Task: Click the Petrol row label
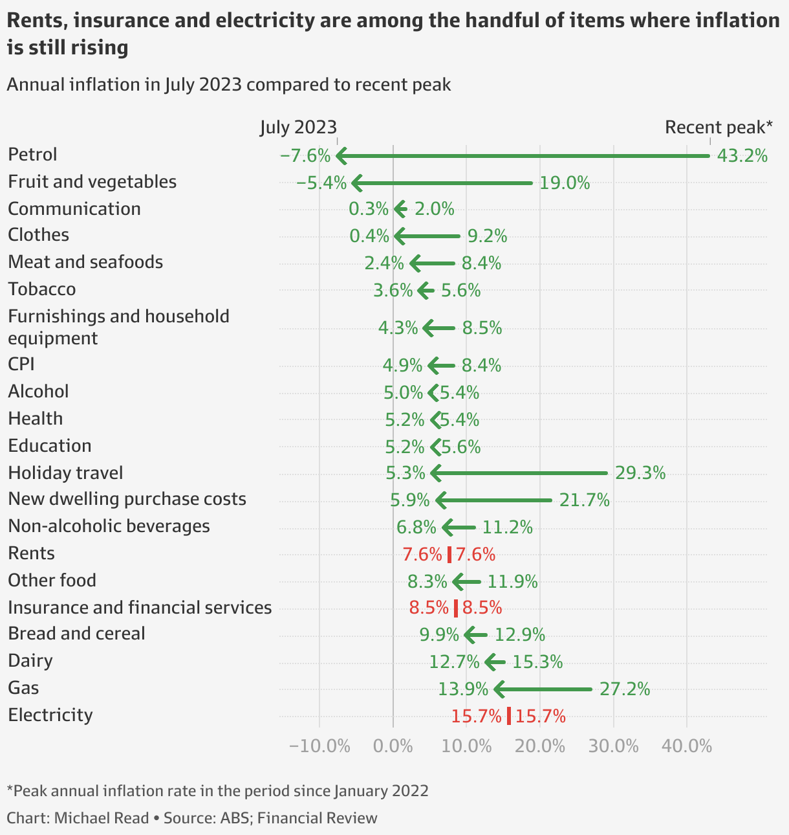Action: coord(32,155)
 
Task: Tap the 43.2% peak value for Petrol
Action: coord(742,156)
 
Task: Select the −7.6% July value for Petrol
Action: coord(305,156)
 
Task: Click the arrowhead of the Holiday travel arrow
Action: coord(435,473)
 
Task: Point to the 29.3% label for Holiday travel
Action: coord(640,473)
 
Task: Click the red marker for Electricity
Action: coord(509,716)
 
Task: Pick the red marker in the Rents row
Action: coord(449,555)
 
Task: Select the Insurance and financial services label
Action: coord(140,607)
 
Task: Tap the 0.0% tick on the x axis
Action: coord(393,746)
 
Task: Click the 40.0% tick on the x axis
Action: coord(686,746)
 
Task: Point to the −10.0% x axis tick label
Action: coord(319,746)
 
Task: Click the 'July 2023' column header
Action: coord(298,127)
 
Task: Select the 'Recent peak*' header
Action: coord(719,127)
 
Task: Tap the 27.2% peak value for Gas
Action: coord(624,689)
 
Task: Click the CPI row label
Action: coord(21,364)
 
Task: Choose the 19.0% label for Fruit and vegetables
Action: coord(565,183)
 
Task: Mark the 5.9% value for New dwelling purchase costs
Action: coord(410,500)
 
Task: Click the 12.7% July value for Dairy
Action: coord(454,662)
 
